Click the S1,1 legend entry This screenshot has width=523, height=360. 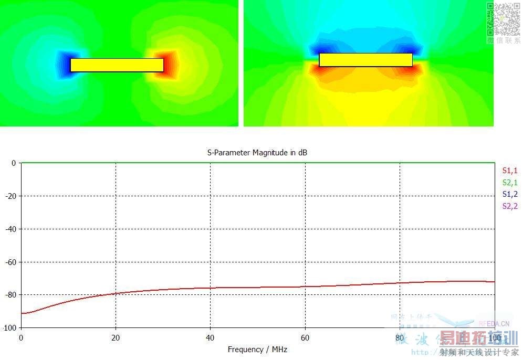coord(510,170)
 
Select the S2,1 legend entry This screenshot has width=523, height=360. coord(510,182)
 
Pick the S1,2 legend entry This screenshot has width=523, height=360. coord(510,194)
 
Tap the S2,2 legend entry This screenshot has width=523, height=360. coord(510,206)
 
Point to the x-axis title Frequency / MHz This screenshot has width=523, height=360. coord(257,350)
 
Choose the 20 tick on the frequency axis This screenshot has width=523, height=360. coord(116,337)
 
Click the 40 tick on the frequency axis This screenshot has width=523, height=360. coord(210,337)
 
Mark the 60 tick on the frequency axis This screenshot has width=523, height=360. coord(305,337)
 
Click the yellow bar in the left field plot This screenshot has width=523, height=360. coord(117,65)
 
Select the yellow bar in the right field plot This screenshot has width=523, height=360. coord(365,60)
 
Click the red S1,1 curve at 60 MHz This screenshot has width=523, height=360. coord(305,287)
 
